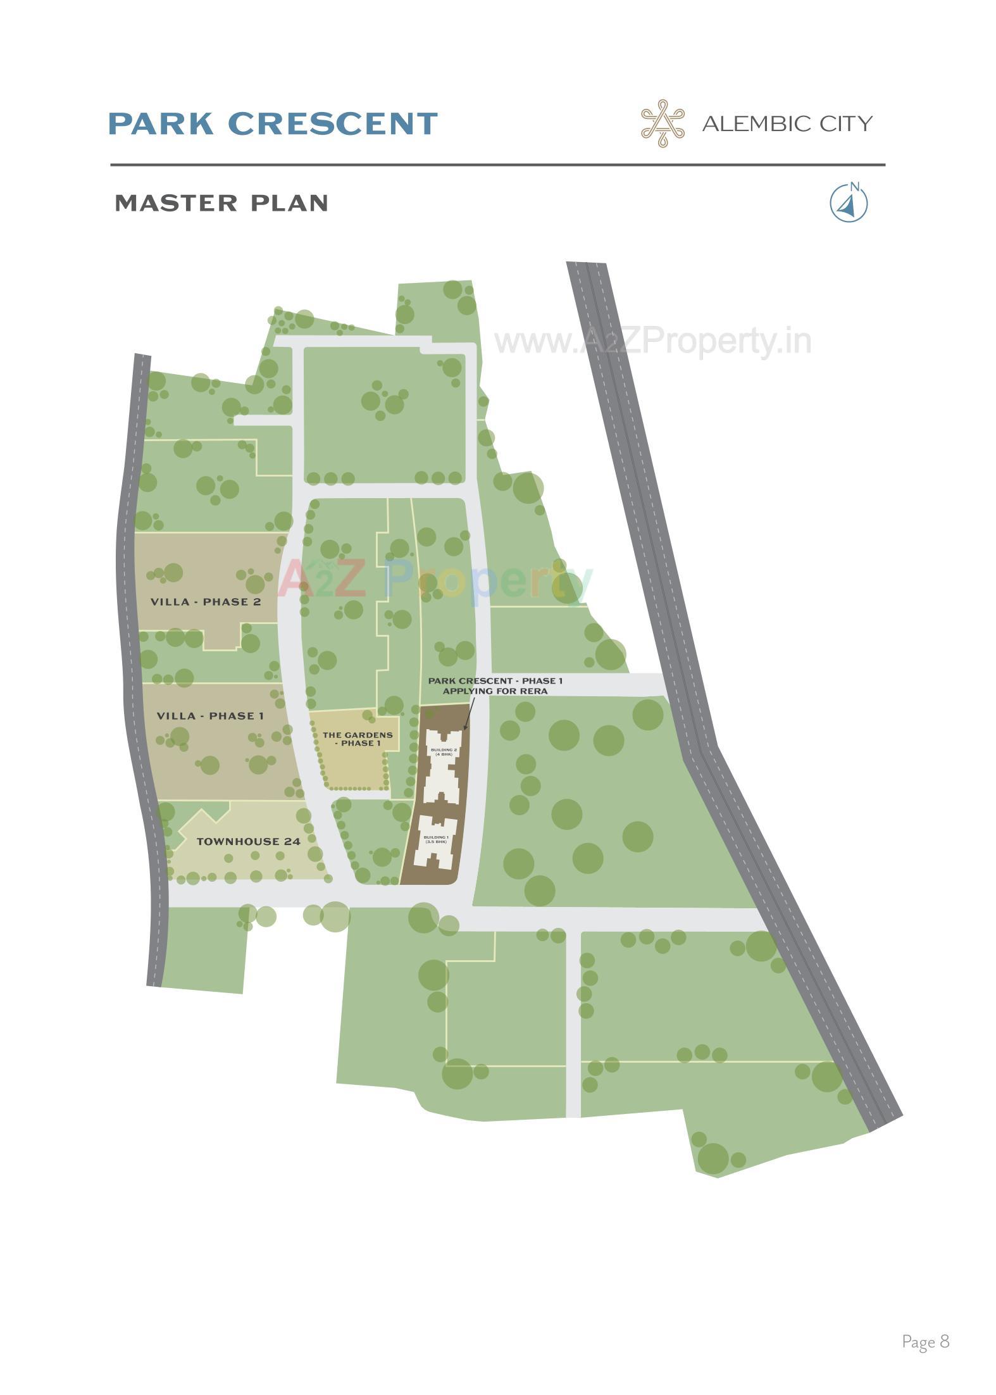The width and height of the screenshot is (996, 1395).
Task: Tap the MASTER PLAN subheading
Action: (221, 203)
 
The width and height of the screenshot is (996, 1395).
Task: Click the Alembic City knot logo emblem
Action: (663, 123)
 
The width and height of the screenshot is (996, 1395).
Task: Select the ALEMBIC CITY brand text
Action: (787, 123)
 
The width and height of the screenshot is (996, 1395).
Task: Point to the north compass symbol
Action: (849, 204)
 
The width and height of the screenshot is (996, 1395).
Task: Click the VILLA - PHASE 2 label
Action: (206, 602)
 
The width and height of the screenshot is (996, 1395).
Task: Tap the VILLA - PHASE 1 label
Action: (209, 716)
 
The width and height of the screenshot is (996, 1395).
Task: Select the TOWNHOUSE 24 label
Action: (248, 842)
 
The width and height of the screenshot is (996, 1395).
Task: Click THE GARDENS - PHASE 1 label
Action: (358, 739)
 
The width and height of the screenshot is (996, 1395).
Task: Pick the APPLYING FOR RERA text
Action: (495, 691)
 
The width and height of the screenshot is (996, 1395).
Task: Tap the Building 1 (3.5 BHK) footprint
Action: (435, 842)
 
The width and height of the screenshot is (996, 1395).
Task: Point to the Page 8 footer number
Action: (925, 1341)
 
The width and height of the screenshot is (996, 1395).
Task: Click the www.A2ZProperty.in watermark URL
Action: (652, 342)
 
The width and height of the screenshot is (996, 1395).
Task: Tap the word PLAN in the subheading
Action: (289, 203)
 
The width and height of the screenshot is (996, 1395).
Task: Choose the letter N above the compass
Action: (855, 186)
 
